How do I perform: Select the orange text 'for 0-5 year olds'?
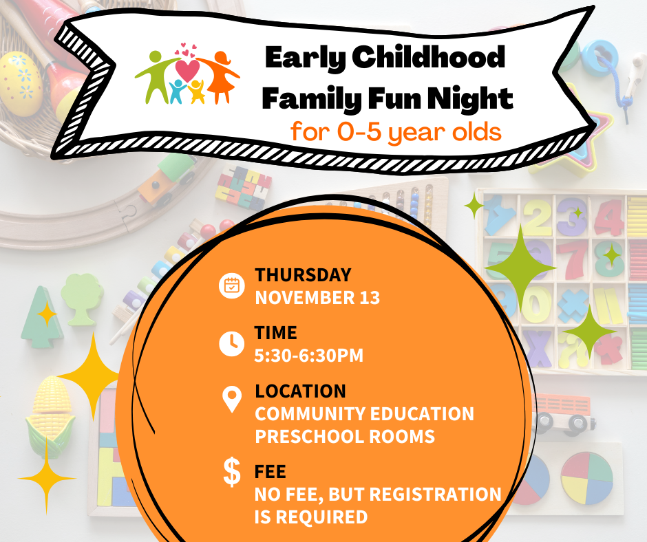point(396,131)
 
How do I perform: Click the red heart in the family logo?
point(187,69)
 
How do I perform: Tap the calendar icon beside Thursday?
point(232,285)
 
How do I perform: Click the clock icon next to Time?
point(231,343)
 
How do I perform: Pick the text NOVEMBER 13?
point(317,299)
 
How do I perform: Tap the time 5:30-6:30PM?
point(308,356)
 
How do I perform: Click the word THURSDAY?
point(303,275)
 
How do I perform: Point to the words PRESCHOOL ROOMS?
point(344,437)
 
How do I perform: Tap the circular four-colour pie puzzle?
point(586,477)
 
